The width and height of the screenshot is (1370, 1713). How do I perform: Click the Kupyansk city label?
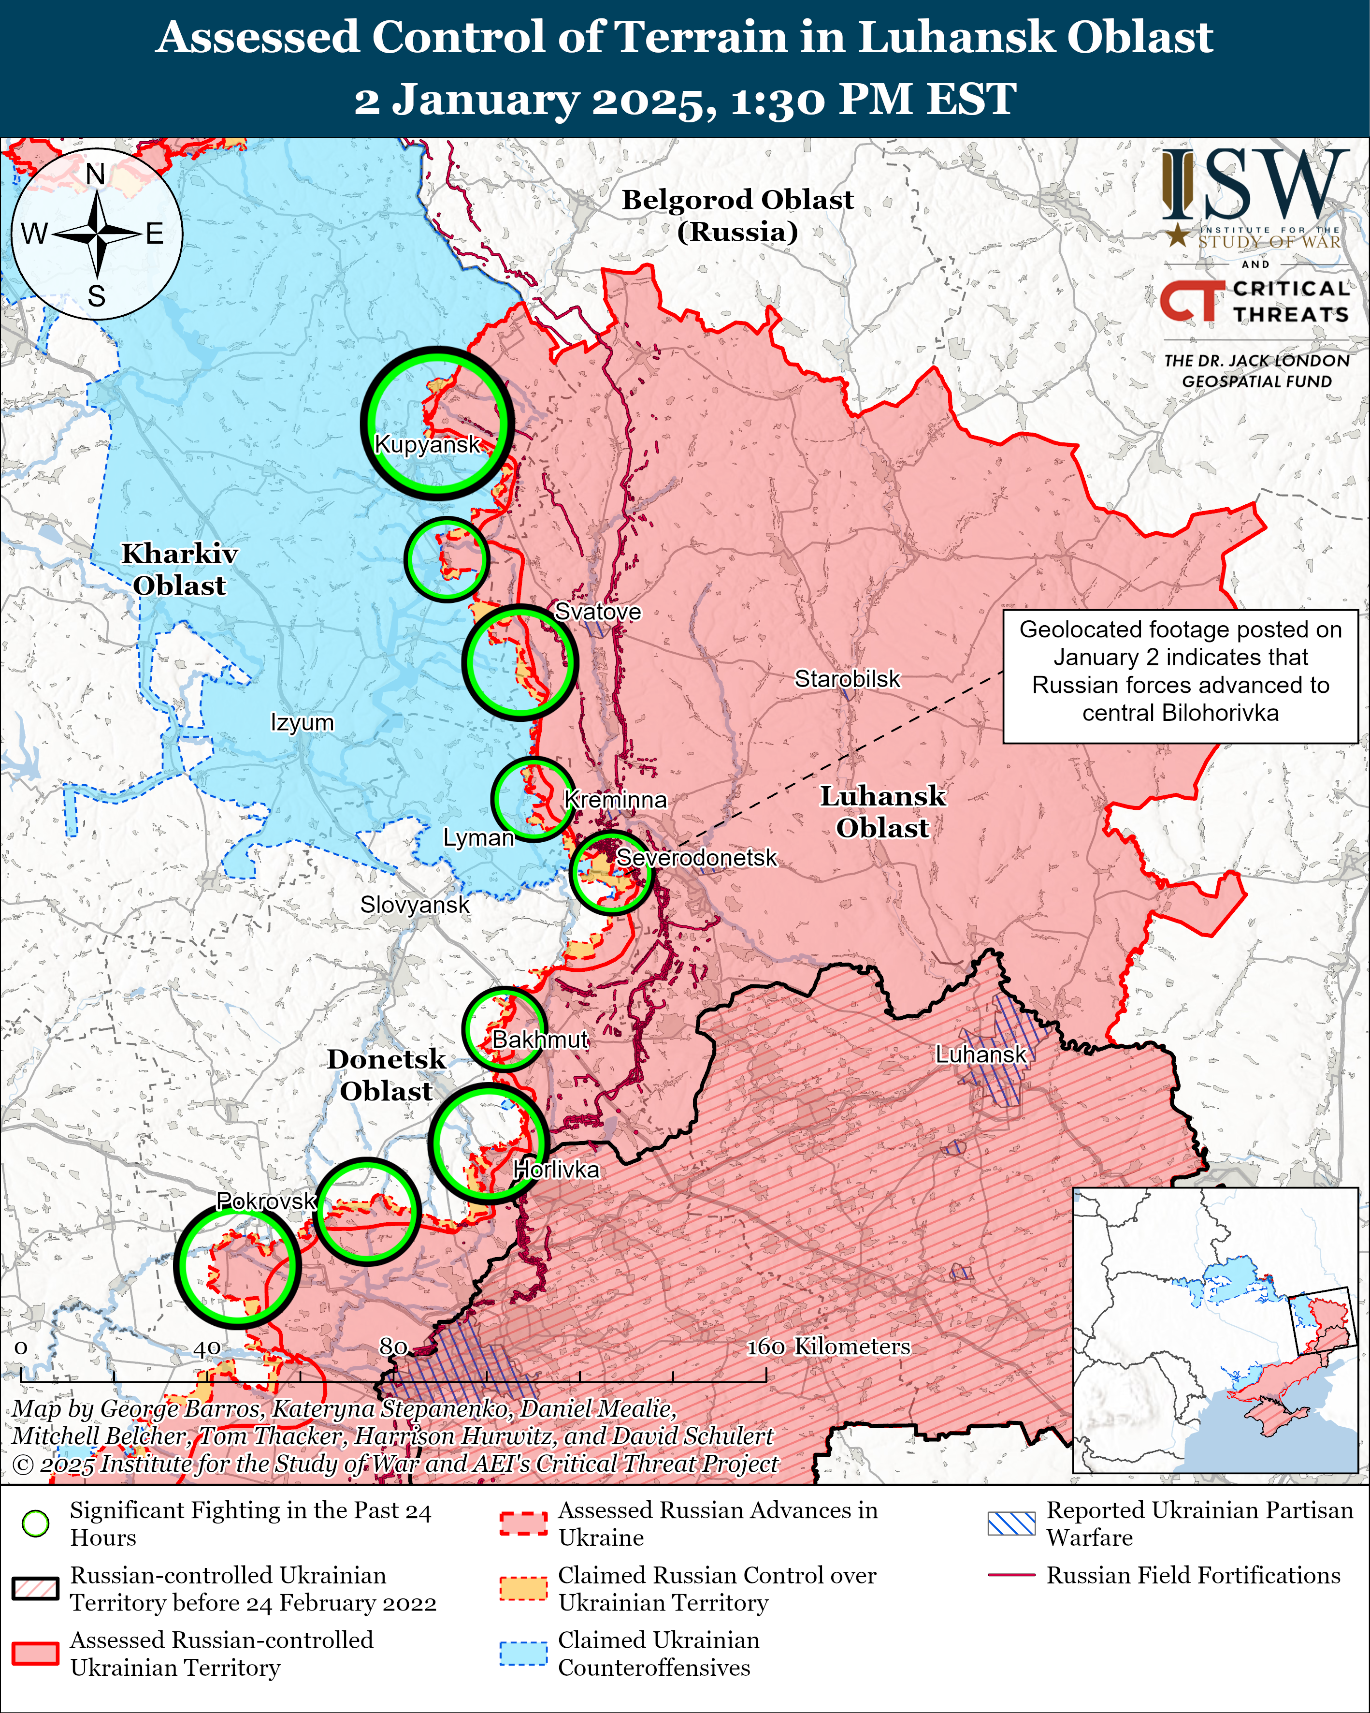click(427, 444)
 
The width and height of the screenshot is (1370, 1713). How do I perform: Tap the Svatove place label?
click(597, 612)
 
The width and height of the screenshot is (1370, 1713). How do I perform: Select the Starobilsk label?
click(848, 679)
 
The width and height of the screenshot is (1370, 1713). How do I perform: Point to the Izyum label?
click(302, 723)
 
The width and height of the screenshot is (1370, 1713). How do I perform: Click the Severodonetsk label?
click(696, 858)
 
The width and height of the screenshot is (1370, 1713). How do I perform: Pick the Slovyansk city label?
click(415, 905)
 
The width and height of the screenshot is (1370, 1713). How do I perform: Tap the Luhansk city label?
click(981, 1054)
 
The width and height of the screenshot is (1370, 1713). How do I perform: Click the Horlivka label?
click(556, 1170)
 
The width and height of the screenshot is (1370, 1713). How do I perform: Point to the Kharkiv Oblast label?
click(179, 570)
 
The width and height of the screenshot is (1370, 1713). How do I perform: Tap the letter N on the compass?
click(95, 174)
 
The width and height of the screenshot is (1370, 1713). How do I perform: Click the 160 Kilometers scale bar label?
click(828, 1346)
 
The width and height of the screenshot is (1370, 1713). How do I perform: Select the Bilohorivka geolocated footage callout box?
click(1180, 676)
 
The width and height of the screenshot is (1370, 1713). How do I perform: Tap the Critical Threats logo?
click(1255, 301)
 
